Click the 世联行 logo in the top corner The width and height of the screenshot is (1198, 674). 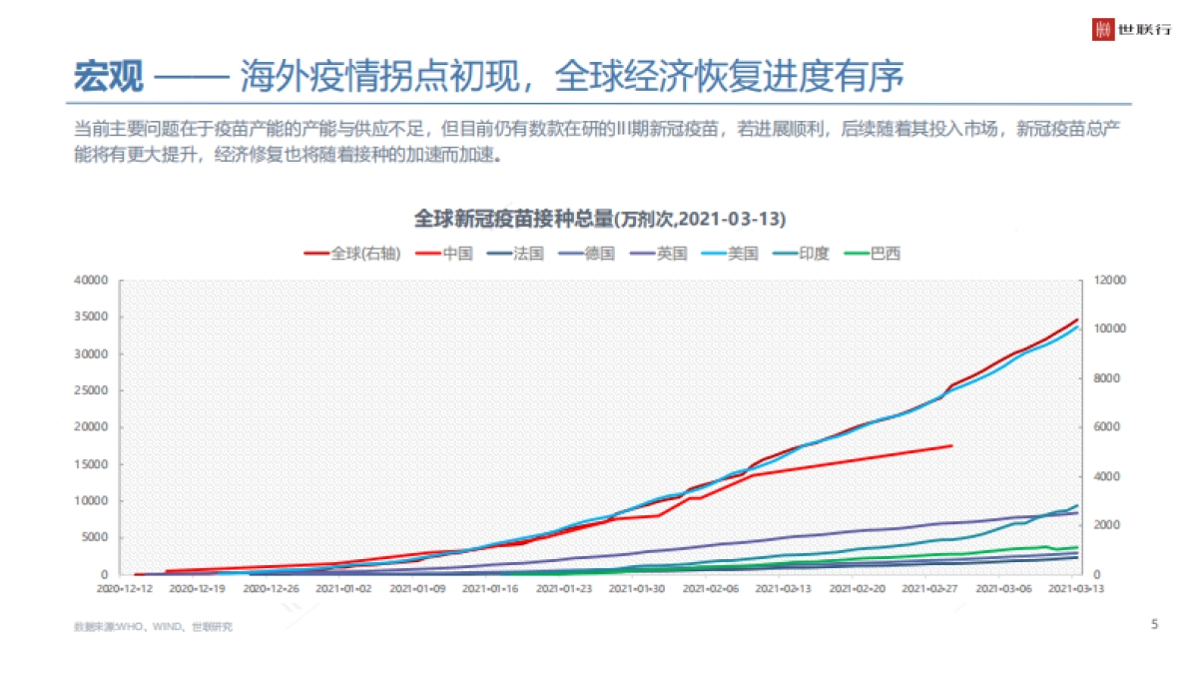coord(1132,29)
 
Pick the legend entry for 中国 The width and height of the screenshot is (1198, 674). coord(446,254)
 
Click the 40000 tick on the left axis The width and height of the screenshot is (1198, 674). coord(91,281)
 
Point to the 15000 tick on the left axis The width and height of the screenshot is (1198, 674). coord(91,464)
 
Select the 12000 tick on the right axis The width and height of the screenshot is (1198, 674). coord(1111,281)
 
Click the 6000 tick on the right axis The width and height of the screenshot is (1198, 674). coord(1108,427)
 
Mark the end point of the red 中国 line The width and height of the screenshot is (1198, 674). coord(950,445)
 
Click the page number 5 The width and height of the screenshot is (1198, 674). coord(1155,625)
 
